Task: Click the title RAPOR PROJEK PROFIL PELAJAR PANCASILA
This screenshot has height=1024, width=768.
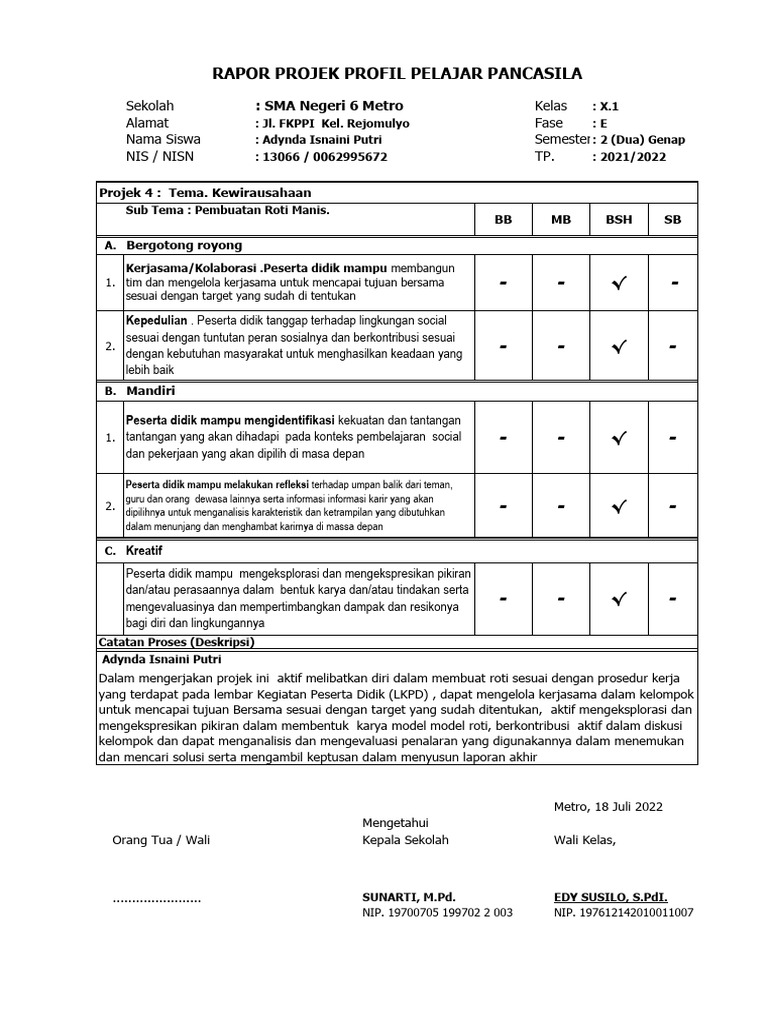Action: [x=397, y=73]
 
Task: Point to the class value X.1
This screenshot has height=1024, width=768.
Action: [x=607, y=106]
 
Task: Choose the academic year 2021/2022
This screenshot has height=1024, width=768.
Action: [x=631, y=157]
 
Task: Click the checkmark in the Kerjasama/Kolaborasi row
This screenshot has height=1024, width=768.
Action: [x=618, y=284]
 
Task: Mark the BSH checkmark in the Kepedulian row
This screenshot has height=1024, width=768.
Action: [x=618, y=347]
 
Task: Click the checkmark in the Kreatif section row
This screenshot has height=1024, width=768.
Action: [x=618, y=599]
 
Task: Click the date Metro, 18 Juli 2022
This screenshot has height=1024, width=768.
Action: [x=608, y=807]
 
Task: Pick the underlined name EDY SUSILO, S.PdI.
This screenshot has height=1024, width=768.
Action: [x=610, y=898]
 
